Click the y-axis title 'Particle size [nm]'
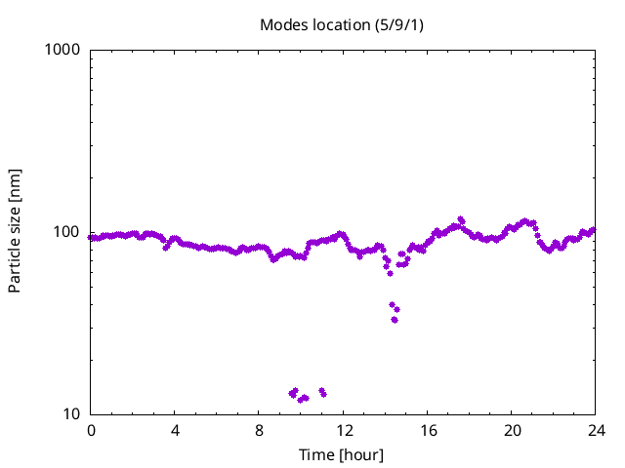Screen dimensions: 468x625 [15, 230]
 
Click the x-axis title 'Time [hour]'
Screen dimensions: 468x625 [341, 455]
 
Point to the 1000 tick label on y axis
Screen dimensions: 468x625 [62, 50]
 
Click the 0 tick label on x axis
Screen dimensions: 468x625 [91, 431]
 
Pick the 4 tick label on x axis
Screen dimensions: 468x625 [175, 431]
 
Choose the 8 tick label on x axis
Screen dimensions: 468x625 [259, 431]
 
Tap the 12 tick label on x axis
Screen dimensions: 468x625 [344, 431]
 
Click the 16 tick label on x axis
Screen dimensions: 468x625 [428, 431]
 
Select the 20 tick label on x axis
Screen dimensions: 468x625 [512, 431]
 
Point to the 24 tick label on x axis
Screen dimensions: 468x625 [596, 431]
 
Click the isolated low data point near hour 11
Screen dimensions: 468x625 [322, 392]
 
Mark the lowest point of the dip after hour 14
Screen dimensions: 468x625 [395, 320]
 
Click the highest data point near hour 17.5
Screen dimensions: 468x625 [461, 219]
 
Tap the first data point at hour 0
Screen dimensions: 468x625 [92, 237]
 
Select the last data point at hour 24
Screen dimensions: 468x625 [593, 230]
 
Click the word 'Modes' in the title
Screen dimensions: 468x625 [281, 24]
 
